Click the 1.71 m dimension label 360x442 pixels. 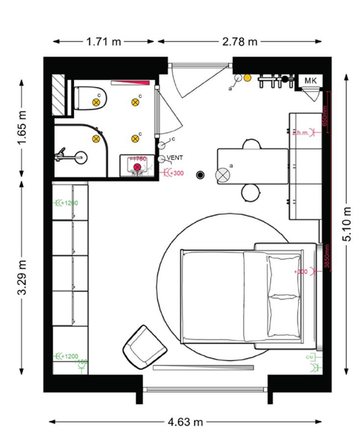[x=104, y=41]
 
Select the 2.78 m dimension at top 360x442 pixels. [x=240, y=41]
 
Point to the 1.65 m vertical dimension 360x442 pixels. [x=22, y=126]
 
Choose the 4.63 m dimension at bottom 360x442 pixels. [x=185, y=422]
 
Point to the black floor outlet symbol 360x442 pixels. [x=200, y=174]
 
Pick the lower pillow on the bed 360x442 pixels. [x=284, y=315]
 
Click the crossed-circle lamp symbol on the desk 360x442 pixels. [x=223, y=174]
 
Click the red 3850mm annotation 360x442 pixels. [x=326, y=257]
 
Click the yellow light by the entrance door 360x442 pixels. [x=247, y=78]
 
